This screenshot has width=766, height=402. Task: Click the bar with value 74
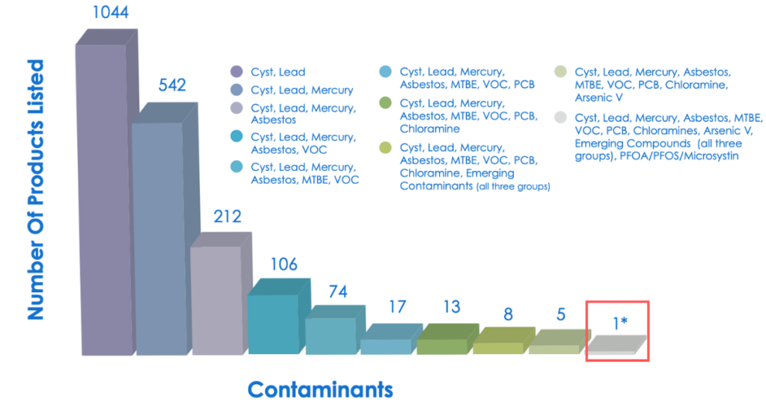[x=330, y=335]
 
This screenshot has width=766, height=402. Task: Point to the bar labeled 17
[x=386, y=345]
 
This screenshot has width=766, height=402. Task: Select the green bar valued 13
[x=442, y=345]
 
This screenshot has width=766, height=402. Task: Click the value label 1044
[x=111, y=12]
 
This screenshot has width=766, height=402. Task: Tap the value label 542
[x=172, y=85]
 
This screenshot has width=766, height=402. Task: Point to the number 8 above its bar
[x=508, y=314]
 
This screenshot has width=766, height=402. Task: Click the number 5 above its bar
[x=560, y=314]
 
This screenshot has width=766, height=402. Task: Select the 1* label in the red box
[x=620, y=323]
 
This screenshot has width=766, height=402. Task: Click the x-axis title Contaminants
[x=320, y=389]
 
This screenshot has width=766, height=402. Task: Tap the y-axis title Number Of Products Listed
[x=35, y=191]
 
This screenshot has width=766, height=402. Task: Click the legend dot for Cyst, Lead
[x=237, y=72]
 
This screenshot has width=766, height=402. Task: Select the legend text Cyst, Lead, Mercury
[x=301, y=90]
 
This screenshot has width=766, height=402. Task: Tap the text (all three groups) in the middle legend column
[x=512, y=186]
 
